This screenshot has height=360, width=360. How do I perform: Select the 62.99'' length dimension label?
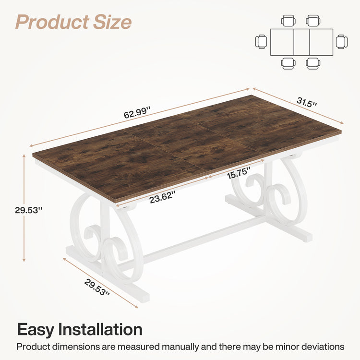coord(137,113)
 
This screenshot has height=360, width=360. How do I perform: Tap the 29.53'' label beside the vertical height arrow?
coord(28,209)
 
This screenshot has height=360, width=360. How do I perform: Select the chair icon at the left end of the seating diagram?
coord(261,42)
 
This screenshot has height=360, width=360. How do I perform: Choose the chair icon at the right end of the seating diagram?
coord(341,42)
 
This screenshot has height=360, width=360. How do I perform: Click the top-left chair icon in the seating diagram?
coord(288,21)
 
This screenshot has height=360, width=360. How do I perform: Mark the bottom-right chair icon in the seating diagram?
coord(313,63)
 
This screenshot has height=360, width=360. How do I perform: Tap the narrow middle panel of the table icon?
coord(301,42)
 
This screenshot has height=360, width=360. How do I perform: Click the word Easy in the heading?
coord(36,330)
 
